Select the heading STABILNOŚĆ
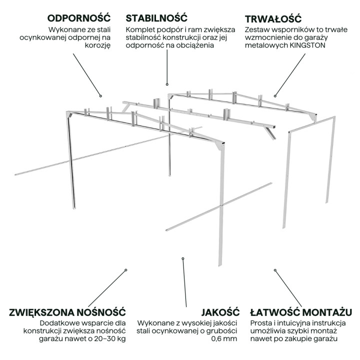tap(157, 18)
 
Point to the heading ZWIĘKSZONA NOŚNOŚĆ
tap(66, 312)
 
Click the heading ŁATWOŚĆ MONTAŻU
tap(300, 312)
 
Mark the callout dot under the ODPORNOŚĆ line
tap(100, 95)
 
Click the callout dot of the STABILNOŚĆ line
tap(167, 84)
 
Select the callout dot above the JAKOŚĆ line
tap(183, 258)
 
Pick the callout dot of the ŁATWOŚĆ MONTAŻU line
tap(274, 270)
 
